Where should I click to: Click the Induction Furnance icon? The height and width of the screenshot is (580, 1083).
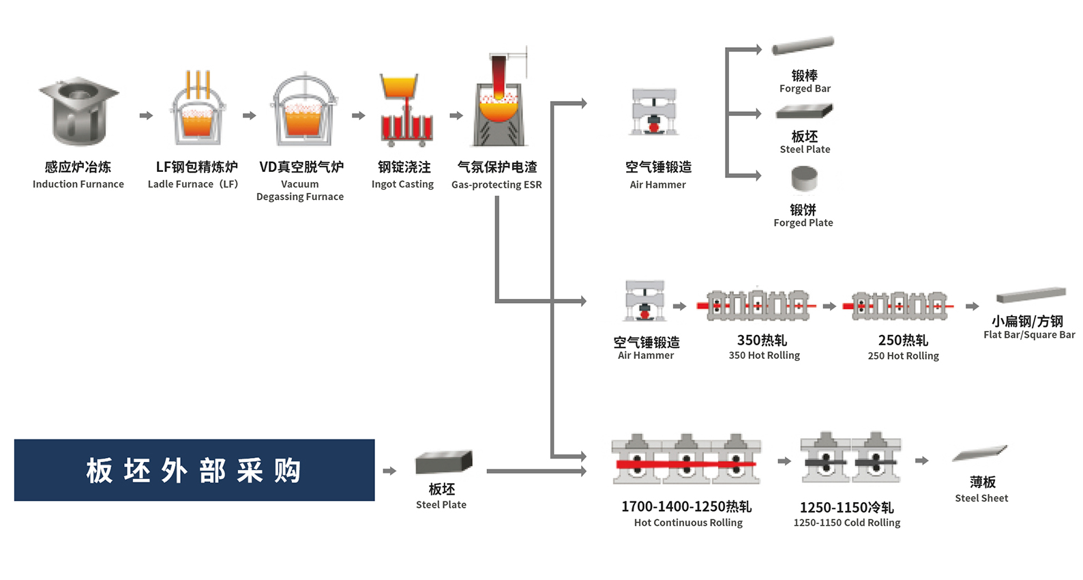click(x=78, y=111)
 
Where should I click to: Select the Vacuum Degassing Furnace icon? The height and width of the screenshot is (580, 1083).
click(x=303, y=111)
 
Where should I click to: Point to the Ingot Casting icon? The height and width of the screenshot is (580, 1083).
click(x=406, y=112)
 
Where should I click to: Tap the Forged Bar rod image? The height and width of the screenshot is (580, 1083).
click(x=803, y=46)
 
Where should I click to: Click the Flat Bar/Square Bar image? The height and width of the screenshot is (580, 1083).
click(x=1030, y=295)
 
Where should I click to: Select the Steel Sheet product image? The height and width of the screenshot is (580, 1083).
click(x=980, y=453)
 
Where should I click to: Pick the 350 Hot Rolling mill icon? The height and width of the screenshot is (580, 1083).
click(x=757, y=306)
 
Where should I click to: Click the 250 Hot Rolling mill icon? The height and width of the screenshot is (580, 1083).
click(x=899, y=306)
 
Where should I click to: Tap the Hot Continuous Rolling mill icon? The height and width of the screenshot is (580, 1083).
click(x=686, y=460)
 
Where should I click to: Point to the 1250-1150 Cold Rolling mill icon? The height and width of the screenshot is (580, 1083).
click(x=850, y=459)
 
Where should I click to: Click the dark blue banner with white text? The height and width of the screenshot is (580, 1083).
click(x=194, y=470)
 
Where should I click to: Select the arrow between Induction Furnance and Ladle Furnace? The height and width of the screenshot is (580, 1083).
click(x=146, y=116)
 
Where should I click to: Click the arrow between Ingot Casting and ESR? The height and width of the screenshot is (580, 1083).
click(x=456, y=116)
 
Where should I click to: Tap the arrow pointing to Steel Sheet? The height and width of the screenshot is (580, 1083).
click(x=922, y=461)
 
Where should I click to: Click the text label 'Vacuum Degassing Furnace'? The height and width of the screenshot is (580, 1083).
click(x=300, y=190)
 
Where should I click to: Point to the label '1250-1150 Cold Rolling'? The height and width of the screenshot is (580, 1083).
click(x=847, y=523)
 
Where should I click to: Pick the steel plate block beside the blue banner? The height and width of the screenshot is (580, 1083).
click(x=443, y=463)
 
